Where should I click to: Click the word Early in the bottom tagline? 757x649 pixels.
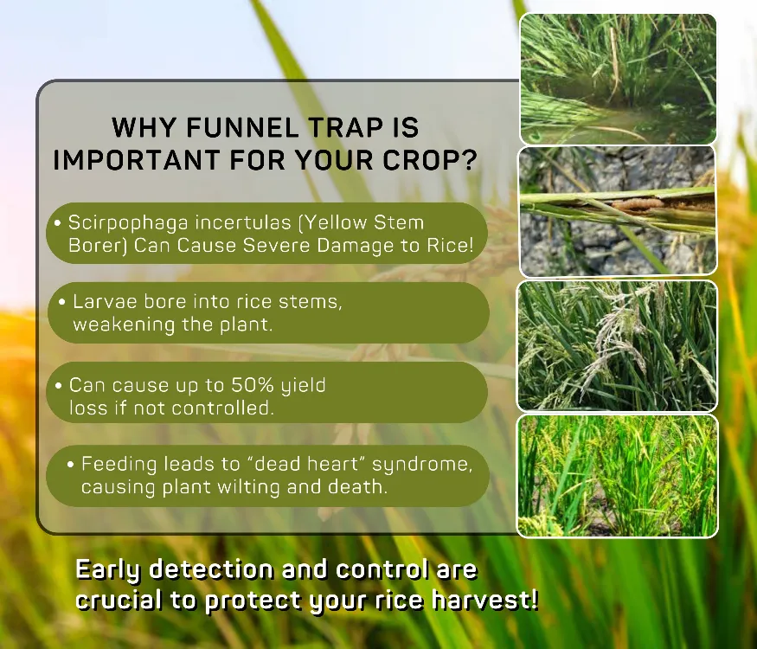point(107,570)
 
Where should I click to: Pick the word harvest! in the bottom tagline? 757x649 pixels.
point(484,600)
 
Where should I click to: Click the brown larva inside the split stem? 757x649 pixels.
point(638,203)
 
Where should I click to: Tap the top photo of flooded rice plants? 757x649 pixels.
point(618,79)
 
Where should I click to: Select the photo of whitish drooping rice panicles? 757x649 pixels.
point(618,346)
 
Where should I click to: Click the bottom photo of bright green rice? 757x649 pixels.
point(618,476)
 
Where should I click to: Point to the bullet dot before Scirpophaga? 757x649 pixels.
point(58,223)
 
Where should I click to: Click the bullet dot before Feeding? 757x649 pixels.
point(71,465)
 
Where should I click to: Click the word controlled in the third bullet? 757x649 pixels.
point(222,408)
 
